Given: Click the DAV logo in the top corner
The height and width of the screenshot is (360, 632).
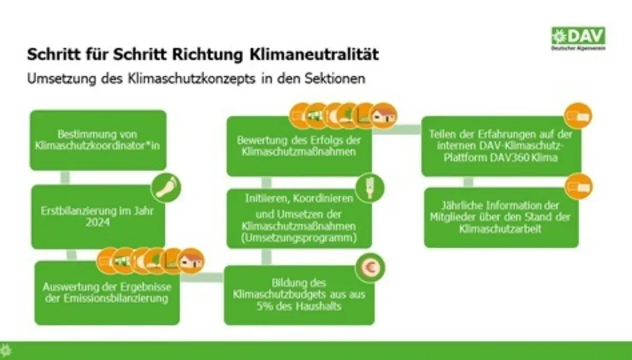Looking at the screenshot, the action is [x=578, y=38].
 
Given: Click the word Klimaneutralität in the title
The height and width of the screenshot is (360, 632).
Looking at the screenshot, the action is [x=314, y=54].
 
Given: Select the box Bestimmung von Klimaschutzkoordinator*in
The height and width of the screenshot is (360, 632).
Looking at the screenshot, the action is [x=98, y=140].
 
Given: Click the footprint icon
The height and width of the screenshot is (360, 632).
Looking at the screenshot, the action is [x=166, y=187].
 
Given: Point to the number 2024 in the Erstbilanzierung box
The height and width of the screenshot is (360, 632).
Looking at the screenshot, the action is [x=97, y=223].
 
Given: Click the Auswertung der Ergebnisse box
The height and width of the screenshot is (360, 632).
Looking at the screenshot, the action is [x=107, y=293].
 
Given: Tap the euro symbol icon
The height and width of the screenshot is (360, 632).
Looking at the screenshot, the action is [x=370, y=268].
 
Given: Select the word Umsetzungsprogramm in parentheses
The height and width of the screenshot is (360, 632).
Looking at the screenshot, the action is [x=299, y=238].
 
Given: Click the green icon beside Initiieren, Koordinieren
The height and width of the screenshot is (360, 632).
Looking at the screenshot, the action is [x=370, y=188].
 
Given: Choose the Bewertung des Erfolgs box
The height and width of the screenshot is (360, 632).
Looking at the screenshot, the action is [x=299, y=146].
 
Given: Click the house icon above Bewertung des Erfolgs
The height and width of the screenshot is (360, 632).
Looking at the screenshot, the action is [x=383, y=116].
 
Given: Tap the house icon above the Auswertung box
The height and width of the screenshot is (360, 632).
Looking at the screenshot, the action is [x=192, y=261].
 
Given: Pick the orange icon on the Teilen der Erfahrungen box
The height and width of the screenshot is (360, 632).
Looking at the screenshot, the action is [x=578, y=116].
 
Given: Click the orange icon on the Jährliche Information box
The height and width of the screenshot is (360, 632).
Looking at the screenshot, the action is [x=579, y=187].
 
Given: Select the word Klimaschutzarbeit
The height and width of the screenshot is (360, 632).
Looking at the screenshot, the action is [x=500, y=228].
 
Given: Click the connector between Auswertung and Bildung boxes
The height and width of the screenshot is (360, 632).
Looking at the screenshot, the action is [x=202, y=277].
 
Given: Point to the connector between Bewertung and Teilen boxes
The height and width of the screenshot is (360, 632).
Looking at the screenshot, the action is [x=397, y=129].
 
